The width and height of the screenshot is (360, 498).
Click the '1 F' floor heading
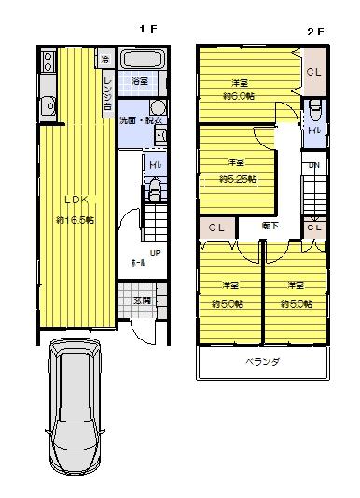pyautogui.click(x=147, y=30)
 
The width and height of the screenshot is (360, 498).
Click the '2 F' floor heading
pyautogui.click(x=315, y=30)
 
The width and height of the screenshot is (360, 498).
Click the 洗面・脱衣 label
pyautogui.click(x=141, y=121)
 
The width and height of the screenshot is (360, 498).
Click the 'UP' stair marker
pyautogui.click(x=153, y=253)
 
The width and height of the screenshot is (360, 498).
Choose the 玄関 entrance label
pyautogui.click(x=142, y=300)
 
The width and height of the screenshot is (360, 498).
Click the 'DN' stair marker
pyautogui.click(x=313, y=167)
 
